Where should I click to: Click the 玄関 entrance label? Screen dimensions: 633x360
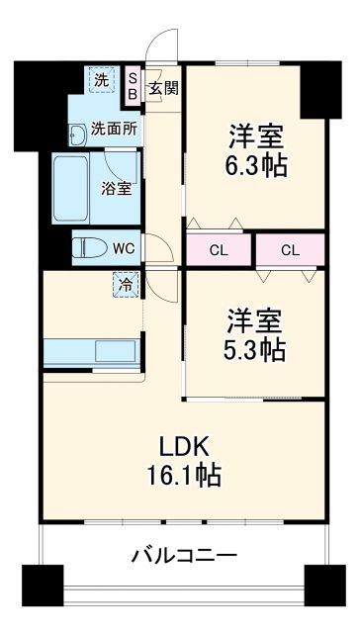coord(163,87)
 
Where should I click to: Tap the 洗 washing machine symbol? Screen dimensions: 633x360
coord(101,80)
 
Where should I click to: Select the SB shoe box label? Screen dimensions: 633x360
coord(135,86)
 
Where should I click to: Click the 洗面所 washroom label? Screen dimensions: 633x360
coord(114,129)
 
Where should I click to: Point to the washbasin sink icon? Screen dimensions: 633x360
coord(77,133)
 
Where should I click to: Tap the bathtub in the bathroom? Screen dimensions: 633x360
coord(71,189)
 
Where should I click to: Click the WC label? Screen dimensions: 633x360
coord(124,248)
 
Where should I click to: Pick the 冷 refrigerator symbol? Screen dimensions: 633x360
coord(126,284)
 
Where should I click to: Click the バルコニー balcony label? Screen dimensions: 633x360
coord(184,555)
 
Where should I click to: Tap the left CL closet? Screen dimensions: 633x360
coord(219,248)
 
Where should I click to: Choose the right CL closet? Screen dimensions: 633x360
coord(290,248)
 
